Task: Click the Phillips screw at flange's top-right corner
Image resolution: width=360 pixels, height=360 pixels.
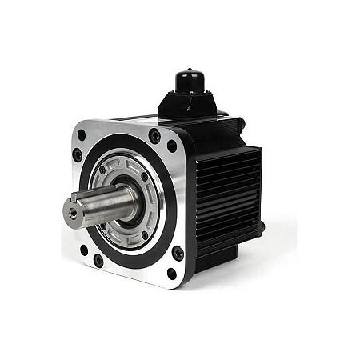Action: pyautogui.click(x=154, y=136)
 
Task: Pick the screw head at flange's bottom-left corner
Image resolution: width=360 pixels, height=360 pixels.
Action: pyautogui.click(x=98, y=261)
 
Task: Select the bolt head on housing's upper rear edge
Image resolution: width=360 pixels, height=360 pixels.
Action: pyautogui.click(x=241, y=123)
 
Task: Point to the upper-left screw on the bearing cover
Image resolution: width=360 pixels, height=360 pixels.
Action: pyautogui.click(x=102, y=169)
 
